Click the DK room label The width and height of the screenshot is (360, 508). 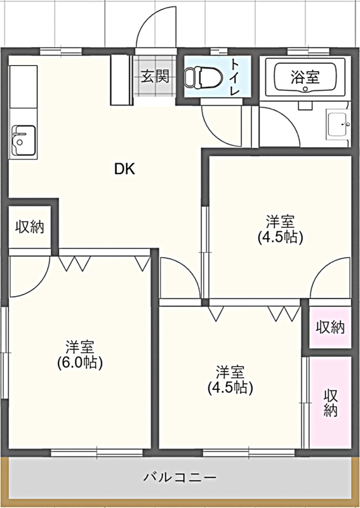pos(124,169)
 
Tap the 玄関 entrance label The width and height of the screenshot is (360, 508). pos(155,76)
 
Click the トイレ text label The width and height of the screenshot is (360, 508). pos(235,77)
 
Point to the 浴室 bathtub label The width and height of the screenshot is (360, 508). pos(305,77)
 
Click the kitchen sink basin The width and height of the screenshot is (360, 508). pos(23,140)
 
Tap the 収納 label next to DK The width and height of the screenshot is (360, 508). pos(30,227)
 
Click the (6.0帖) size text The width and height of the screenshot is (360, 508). pos(80,363)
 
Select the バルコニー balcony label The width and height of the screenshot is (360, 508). pos(180,478)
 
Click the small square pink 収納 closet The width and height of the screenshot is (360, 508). pos(330,327)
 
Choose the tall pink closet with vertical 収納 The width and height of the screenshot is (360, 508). pos(330,403)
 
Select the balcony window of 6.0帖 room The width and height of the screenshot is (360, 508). pos(97,453)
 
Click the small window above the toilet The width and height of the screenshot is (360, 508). pos(218,51)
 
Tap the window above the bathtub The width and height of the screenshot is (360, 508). pos(308,51)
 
